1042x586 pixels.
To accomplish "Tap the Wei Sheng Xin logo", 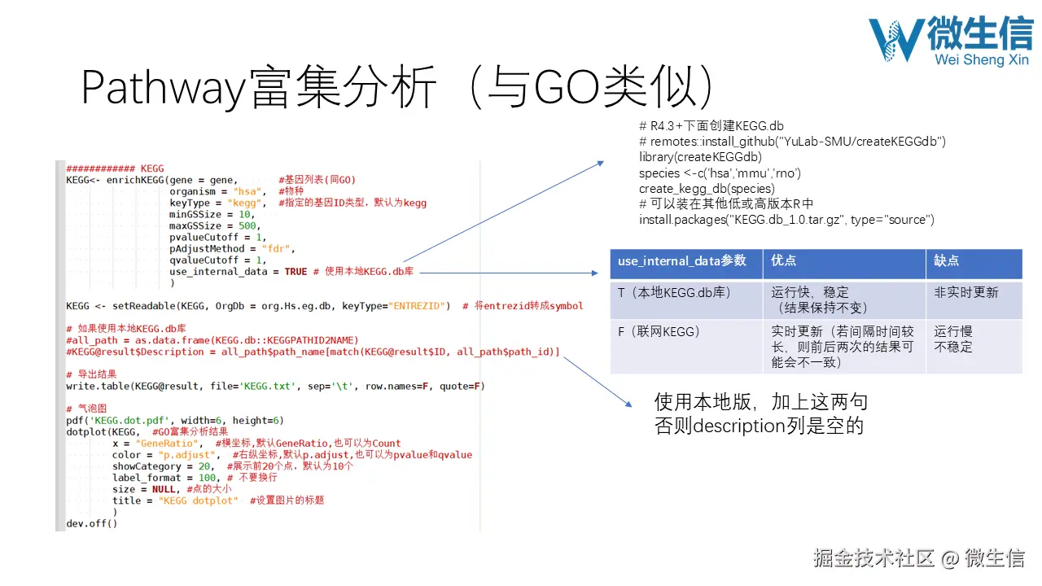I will [949, 41].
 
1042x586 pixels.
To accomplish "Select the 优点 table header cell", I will [784, 260].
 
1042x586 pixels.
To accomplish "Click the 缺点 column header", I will [947, 260].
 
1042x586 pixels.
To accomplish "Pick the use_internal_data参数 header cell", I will [682, 260].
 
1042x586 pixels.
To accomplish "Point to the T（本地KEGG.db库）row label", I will [672, 292].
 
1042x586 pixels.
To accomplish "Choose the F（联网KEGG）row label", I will [659, 332].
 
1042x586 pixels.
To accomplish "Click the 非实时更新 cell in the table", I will [965, 292].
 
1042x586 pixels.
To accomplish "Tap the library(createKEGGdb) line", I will [700, 157].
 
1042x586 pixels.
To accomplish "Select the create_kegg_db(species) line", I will [707, 189].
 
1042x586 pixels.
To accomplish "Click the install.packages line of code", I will [786, 220].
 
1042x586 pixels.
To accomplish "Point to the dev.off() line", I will [92, 523].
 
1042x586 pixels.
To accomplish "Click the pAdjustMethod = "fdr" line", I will [232, 249].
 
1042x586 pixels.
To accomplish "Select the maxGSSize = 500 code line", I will [213, 225].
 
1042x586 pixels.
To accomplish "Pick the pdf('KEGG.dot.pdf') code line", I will [174, 421].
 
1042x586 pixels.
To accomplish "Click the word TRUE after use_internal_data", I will [296, 272].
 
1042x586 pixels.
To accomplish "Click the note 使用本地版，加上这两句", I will [761, 402].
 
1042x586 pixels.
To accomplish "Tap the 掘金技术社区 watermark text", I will [873, 558].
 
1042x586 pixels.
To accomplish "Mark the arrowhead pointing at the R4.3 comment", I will [600, 163].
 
